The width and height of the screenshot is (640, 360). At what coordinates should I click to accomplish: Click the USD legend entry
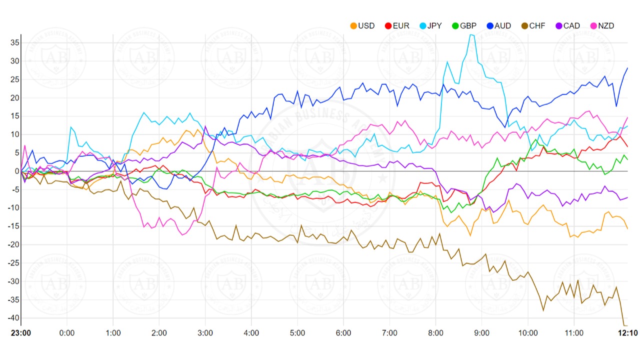pos(362,25)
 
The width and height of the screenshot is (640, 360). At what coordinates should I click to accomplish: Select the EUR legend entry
pos(397,25)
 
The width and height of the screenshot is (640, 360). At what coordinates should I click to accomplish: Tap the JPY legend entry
pos(431,25)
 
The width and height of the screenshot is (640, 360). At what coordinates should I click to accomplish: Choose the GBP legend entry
pos(465,25)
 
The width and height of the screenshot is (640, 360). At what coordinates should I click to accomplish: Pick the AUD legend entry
pos(499,25)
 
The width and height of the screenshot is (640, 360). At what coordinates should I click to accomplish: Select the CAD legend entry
pos(568,25)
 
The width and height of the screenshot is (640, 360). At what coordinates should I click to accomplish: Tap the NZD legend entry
pos(602,25)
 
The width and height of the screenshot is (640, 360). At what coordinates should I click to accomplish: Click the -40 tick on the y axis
pos(13,318)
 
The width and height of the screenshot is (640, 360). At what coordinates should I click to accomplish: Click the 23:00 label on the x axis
pos(21,333)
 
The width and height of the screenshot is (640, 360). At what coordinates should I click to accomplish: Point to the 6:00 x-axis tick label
pos(343,333)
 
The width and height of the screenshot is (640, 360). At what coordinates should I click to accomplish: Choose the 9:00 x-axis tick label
pos(481,333)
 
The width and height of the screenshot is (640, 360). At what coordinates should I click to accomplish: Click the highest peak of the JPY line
pos(470,34)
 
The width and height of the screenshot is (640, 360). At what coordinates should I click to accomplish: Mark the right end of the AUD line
pos(627,68)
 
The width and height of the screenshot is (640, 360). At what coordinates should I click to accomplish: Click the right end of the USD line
pos(627,228)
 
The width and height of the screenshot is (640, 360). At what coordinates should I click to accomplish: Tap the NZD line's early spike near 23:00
pos(25,145)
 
